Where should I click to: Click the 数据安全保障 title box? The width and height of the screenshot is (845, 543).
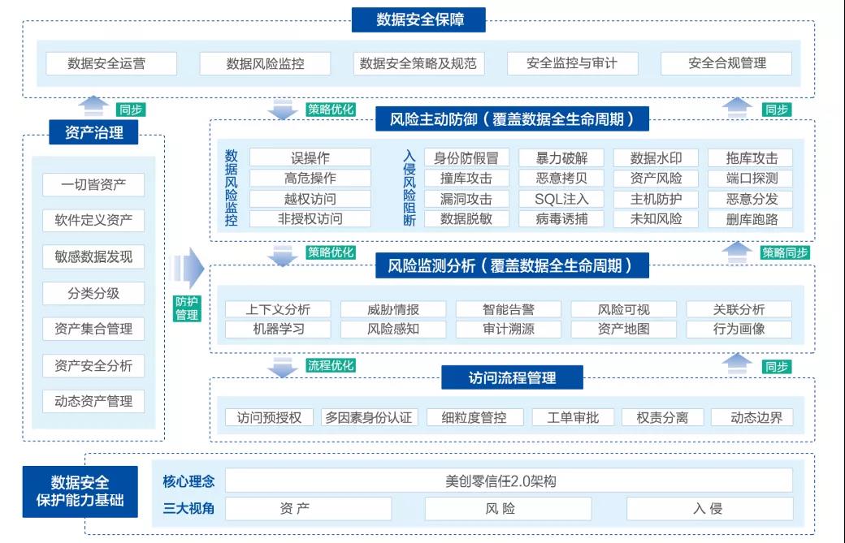(418, 20)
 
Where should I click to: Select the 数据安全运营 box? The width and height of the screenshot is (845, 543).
(111, 63)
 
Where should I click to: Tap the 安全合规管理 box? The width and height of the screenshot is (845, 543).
(726, 63)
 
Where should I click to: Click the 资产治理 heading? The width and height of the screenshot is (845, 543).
(94, 132)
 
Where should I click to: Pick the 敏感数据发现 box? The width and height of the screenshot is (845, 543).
(93, 256)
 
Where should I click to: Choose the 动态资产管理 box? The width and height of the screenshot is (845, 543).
(93, 401)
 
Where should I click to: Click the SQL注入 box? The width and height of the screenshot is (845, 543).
(561, 199)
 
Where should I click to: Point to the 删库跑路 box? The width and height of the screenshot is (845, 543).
(752, 218)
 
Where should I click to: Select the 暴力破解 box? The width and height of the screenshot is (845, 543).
(561, 158)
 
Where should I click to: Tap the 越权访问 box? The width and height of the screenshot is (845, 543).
(310, 199)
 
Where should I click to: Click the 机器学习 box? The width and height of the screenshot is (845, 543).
(279, 329)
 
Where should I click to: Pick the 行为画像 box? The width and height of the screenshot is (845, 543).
(739, 329)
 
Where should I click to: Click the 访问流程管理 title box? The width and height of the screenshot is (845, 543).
(512, 377)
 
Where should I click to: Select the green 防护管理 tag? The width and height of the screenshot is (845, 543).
(187, 308)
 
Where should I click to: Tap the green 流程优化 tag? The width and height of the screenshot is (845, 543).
(331, 366)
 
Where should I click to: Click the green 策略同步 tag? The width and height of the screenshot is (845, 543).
(785, 253)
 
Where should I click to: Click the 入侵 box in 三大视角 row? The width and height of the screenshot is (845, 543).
(708, 509)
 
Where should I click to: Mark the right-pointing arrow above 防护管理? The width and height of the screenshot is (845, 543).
(188, 268)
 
